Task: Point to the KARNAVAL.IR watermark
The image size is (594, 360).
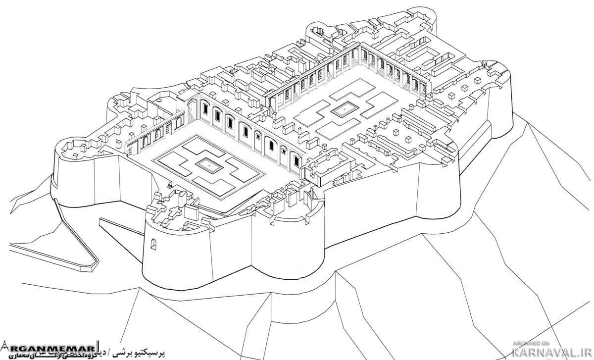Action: [552, 351]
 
